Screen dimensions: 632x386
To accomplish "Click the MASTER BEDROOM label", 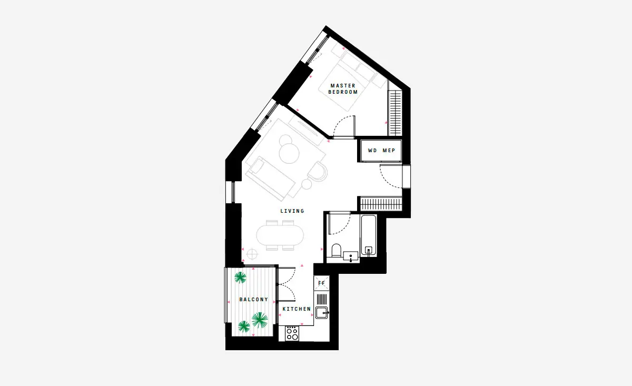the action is click(343, 88).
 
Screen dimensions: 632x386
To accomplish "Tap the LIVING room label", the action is click(292, 211).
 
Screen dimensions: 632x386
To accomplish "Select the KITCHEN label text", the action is click(297, 309).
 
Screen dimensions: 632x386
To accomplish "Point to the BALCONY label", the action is click(254, 300).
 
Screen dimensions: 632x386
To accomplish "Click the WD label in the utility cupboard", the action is click(372, 151).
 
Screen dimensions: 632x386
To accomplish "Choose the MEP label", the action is click(389, 151).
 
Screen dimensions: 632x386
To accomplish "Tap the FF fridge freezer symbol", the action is click(322, 283).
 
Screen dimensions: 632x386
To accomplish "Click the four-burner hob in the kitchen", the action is click(292, 333).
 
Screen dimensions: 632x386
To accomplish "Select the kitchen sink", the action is click(322, 313).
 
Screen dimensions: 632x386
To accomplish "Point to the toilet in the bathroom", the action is click(337, 250).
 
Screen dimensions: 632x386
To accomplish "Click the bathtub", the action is click(369, 236).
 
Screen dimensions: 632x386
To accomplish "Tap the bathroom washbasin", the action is click(351, 256).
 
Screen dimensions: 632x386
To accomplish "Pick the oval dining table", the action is click(280, 235).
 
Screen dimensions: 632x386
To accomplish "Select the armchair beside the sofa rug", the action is click(318, 171).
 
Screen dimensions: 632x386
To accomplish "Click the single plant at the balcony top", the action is click(240, 278).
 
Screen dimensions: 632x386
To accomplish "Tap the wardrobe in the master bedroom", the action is click(395, 113).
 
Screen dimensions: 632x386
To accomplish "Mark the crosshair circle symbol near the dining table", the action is click(252, 254).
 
